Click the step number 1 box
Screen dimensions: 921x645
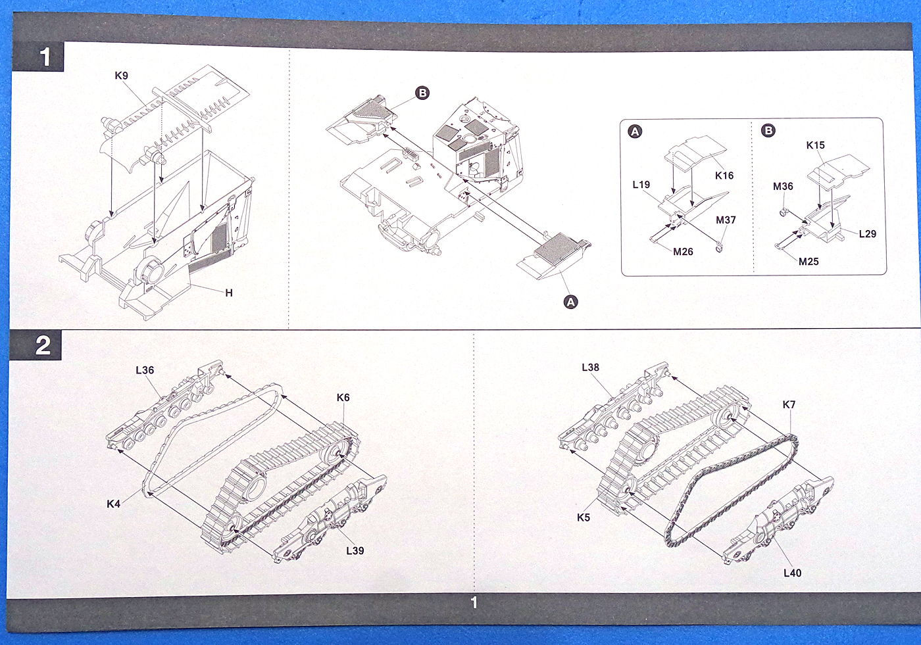click(x=44, y=57)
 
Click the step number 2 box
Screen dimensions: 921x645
click(x=42, y=345)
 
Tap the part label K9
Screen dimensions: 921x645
click(x=121, y=76)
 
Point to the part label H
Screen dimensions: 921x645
click(x=229, y=293)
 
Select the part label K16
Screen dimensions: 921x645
click(x=724, y=176)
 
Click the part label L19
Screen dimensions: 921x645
click(x=641, y=185)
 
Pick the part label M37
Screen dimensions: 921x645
click(x=726, y=220)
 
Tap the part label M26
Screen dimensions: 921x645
click(x=683, y=252)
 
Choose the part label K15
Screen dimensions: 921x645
click(x=815, y=145)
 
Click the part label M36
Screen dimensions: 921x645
click(x=783, y=187)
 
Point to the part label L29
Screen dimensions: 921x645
click(x=867, y=234)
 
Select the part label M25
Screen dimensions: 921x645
click(x=809, y=262)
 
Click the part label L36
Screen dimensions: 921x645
click(x=145, y=370)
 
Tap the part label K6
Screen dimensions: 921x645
click(x=343, y=398)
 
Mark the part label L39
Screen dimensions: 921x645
click(x=355, y=551)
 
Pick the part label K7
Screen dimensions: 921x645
click(x=789, y=405)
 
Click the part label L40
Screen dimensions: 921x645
click(x=792, y=573)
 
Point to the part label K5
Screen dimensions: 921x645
click(x=583, y=517)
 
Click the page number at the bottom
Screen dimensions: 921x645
click(x=474, y=602)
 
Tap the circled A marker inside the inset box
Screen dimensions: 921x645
click(x=635, y=131)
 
